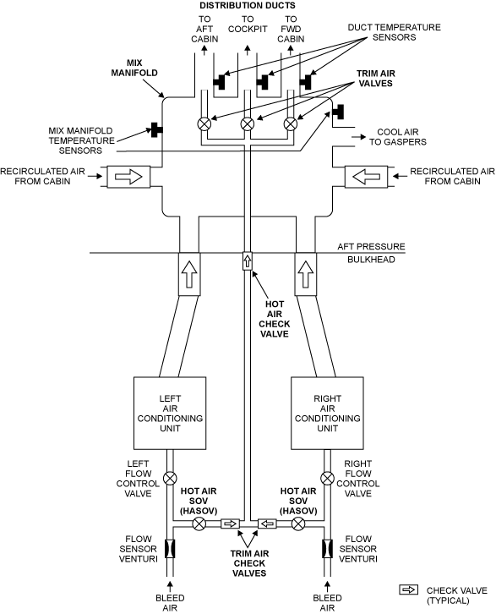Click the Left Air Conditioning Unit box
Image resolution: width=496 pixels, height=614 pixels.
(x=170, y=413)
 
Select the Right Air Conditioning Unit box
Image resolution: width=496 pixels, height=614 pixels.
(x=327, y=413)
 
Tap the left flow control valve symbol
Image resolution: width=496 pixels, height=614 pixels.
(x=170, y=479)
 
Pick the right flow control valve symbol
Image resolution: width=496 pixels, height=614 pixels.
(x=327, y=479)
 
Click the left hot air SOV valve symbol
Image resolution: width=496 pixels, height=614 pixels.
(x=199, y=524)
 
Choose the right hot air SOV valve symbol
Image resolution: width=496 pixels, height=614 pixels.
(x=298, y=524)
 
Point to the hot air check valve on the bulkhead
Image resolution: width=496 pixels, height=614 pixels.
(x=248, y=260)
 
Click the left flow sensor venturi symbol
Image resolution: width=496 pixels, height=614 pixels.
(x=170, y=549)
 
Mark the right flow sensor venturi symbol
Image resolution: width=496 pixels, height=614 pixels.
(x=327, y=549)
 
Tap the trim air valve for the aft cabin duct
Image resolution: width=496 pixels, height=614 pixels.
(x=204, y=123)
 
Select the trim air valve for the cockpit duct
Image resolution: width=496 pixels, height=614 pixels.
(x=248, y=123)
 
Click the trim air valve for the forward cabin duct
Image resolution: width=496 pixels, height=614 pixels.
(x=290, y=123)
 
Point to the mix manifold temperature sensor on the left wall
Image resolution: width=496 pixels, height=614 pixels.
(x=156, y=130)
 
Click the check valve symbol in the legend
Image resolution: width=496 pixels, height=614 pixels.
(x=408, y=589)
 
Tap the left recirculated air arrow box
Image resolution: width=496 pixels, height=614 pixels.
(x=128, y=177)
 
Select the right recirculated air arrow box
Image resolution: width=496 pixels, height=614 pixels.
(x=366, y=177)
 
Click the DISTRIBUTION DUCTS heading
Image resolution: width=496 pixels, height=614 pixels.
(x=248, y=5)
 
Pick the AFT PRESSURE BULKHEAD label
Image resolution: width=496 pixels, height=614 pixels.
(x=371, y=253)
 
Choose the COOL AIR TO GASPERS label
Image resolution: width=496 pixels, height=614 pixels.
(x=398, y=137)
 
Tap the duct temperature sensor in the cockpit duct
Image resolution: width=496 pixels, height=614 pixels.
(x=262, y=82)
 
